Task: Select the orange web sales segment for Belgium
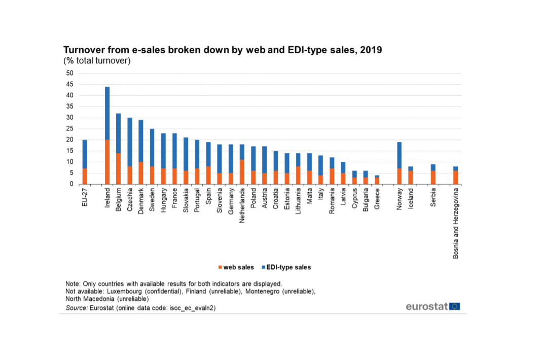coord(118,168)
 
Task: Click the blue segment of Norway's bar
coord(399,155)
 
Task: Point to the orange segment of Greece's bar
coord(376,181)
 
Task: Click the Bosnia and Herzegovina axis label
coord(456,223)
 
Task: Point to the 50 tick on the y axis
coord(70,73)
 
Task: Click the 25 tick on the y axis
coord(70,129)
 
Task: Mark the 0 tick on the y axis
coord(71,184)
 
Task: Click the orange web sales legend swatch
coord(221,267)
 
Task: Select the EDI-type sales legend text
coord(288,267)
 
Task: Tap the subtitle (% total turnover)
coord(97,61)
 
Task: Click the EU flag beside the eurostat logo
coord(455,306)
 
